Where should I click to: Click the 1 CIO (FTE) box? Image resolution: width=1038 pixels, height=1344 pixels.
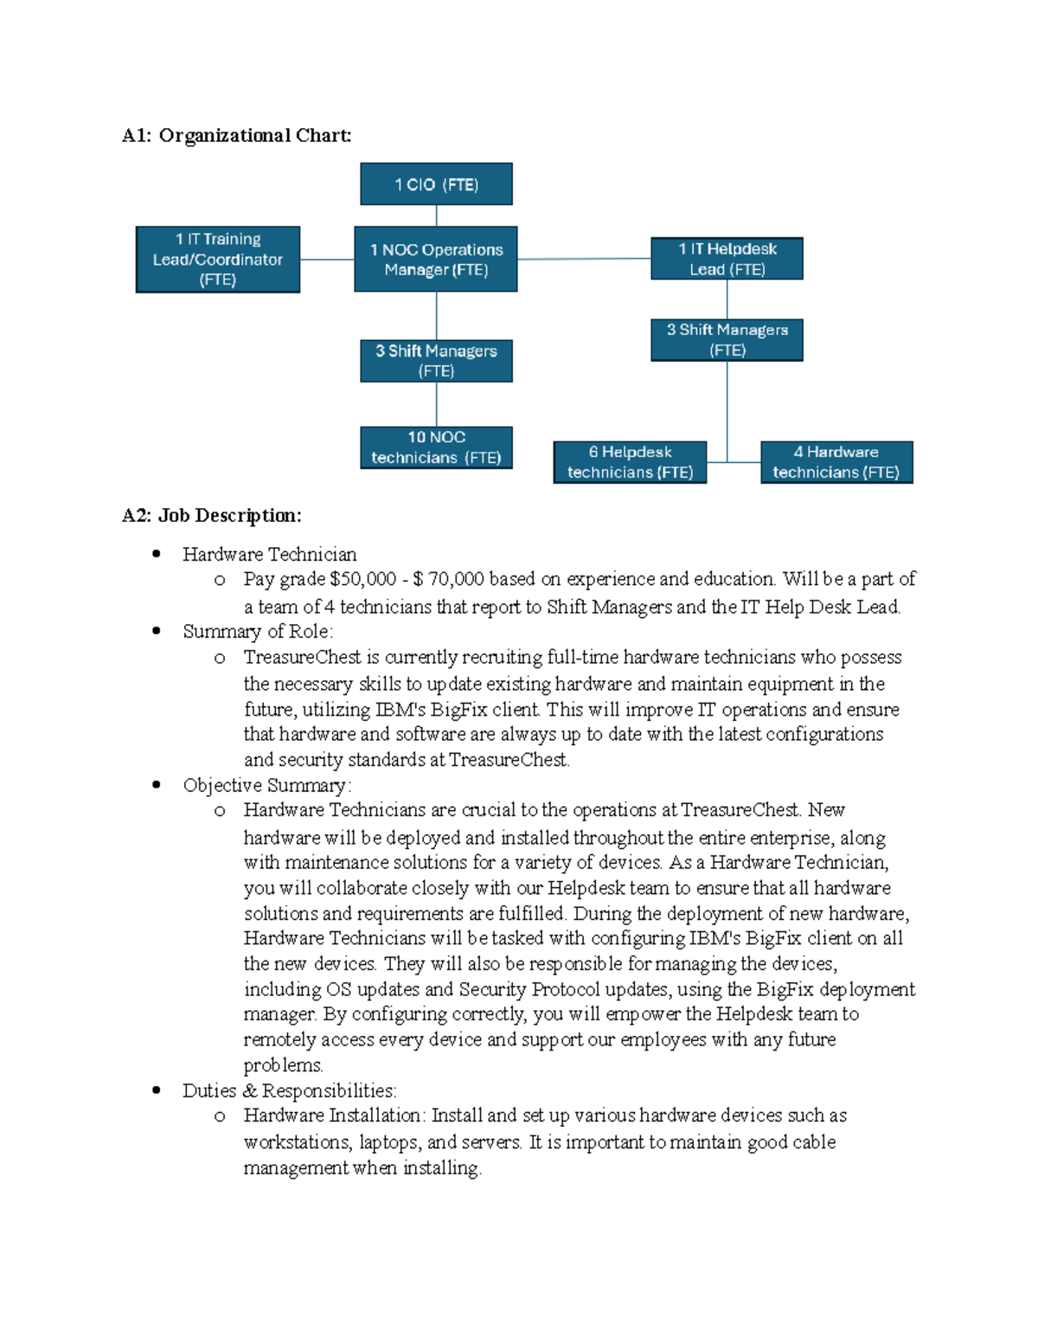[x=436, y=184]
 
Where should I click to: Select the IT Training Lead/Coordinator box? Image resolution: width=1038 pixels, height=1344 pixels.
[x=218, y=260]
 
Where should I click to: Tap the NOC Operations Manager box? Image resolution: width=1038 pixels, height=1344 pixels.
[x=436, y=260]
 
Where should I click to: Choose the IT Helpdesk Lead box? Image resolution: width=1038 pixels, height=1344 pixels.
[x=727, y=259]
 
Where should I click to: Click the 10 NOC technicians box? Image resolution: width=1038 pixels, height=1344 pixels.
[x=436, y=447]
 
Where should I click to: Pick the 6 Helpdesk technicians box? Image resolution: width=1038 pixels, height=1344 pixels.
[x=630, y=462]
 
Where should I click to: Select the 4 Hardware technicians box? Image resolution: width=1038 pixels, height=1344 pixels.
[x=836, y=462]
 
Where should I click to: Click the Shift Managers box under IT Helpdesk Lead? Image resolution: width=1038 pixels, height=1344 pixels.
[x=727, y=340]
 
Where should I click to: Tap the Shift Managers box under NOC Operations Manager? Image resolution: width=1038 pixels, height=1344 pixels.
[x=436, y=361]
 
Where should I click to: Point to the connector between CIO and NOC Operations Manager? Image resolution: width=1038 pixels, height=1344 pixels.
[x=436, y=215]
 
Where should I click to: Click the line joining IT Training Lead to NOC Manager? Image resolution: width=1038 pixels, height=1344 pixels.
[x=327, y=259]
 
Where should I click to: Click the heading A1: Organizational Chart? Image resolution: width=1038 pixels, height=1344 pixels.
[x=237, y=136]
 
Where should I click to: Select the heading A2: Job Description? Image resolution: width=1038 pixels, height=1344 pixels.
[x=212, y=516]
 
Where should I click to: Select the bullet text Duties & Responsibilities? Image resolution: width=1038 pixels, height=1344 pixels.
[x=289, y=1090]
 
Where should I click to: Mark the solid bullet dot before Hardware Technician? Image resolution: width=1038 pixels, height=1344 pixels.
[x=157, y=554]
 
